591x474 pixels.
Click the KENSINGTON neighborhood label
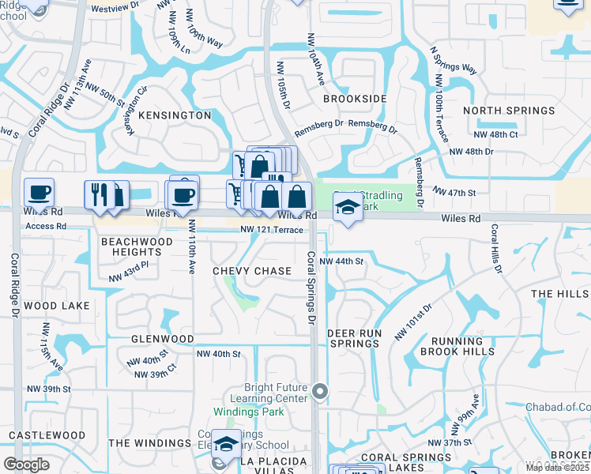pos(175,115)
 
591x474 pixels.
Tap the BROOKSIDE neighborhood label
pos(355,99)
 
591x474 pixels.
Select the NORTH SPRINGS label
pos(509,111)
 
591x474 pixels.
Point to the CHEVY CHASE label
pos(252,271)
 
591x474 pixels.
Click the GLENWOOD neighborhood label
pos(163,339)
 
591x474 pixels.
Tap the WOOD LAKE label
pos(52,305)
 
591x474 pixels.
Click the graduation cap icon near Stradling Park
pos(347,207)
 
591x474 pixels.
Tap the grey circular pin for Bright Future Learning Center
pos(319,390)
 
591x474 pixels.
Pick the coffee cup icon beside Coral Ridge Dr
pos(39,193)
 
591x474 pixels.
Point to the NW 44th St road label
pos(341,261)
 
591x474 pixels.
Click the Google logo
pos(26,465)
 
